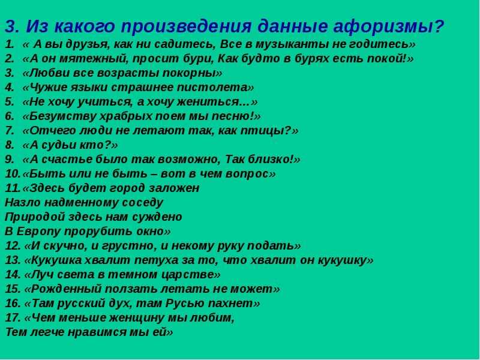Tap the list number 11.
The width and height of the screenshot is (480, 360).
pos(13,188)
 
